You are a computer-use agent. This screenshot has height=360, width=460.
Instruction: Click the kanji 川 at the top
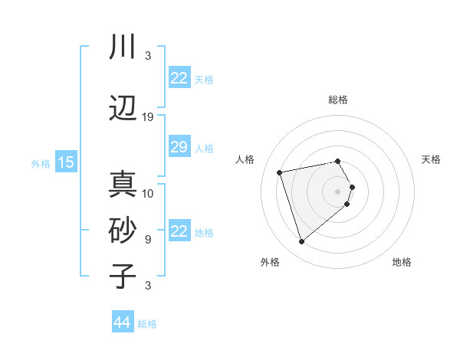pos(123,47)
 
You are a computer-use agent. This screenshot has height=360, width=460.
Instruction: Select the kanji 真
pos(123,185)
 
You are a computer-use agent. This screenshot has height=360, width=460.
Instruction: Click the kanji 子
pos(123,275)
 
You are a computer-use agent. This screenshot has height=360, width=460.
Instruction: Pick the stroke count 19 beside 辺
pos(148,117)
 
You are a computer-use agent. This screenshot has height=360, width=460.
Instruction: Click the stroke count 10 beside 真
pos(148,193)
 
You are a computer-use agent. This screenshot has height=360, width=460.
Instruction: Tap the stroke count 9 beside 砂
pos(148,239)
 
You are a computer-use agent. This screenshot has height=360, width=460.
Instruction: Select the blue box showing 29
pos(179,147)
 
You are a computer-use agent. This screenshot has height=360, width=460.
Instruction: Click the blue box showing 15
pos(65,162)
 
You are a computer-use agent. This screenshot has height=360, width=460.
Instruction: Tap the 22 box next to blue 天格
pos(179,78)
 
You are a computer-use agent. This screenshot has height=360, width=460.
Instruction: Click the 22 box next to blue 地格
pos(179,231)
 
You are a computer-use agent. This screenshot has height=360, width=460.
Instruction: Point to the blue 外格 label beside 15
pos(40,163)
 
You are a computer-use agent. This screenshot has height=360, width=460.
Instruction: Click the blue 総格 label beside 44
pos(147,323)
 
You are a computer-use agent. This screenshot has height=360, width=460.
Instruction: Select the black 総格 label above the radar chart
pos(337,100)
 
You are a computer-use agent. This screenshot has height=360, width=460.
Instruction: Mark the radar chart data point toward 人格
pos(280,172)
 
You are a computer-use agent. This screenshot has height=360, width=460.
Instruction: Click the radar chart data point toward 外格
pos(301,242)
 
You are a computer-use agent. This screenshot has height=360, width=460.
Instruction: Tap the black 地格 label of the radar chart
pos(402,262)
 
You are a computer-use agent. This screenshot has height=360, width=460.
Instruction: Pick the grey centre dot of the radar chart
pos(337,191)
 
